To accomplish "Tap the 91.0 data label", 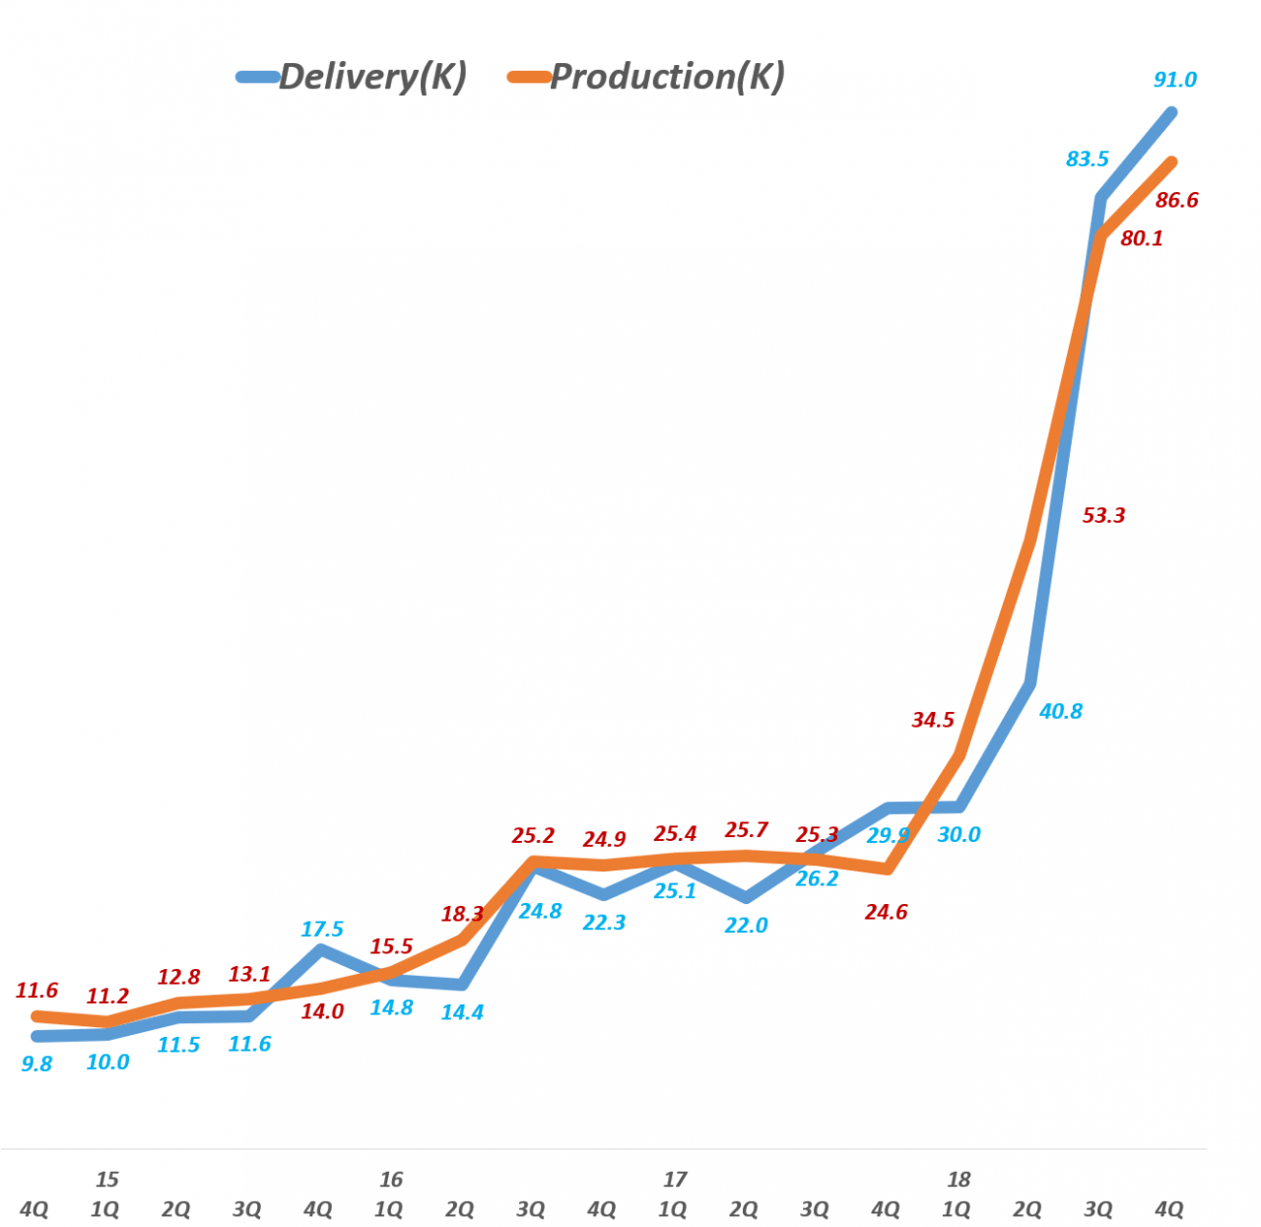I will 1175,80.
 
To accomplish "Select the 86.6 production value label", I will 1176,201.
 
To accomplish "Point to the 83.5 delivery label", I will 1088,160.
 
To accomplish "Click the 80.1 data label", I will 1142,238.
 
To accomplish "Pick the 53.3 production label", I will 1103,516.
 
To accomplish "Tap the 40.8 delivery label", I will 1061,711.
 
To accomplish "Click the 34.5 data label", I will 933,720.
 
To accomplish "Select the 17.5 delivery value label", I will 322,930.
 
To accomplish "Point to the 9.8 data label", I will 36,1065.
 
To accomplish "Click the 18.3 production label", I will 462,914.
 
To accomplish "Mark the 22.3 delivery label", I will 604,923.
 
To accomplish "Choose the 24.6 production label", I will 886,913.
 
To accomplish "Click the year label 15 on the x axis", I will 106,1180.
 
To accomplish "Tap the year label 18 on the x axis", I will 958,1180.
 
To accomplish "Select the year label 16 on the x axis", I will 390,1180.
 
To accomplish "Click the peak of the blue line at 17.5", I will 319,950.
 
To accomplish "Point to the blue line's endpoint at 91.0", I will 1172,112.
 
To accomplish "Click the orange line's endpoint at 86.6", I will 1172,161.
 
